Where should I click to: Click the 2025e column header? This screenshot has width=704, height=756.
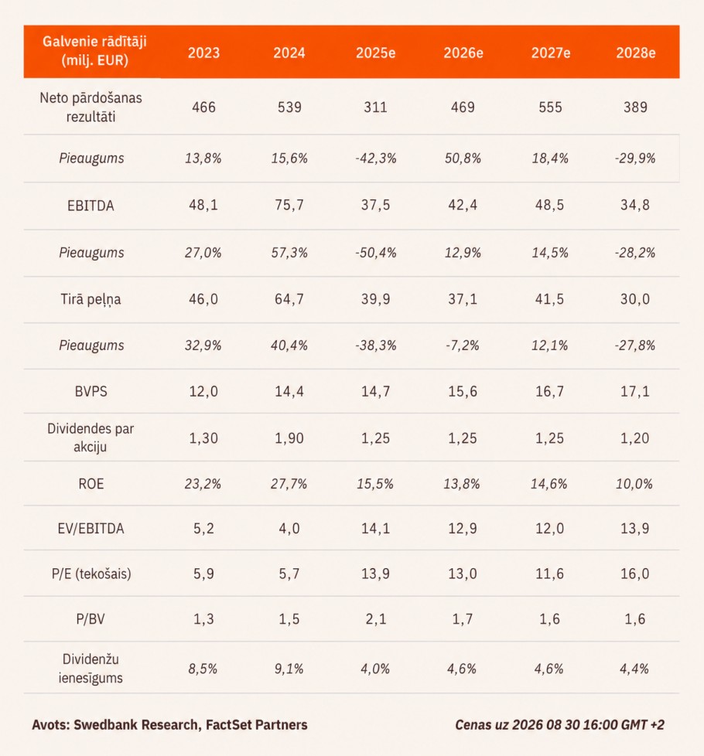point(375,53)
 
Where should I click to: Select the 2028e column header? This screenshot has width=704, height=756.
point(635,53)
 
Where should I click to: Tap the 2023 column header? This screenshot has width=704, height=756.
point(203,53)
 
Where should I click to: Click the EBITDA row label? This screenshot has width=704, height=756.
point(91,206)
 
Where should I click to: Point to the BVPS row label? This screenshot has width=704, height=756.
point(91,391)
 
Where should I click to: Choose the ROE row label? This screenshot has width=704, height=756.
point(91,484)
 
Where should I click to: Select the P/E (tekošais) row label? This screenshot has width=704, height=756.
point(91,574)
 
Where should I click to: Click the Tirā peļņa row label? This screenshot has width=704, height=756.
point(91,299)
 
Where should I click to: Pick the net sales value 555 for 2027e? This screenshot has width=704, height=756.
point(550,107)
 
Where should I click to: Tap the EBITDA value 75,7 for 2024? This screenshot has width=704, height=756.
point(289,206)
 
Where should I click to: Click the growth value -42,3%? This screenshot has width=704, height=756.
point(375,158)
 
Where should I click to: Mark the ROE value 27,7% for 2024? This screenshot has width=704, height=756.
point(289,484)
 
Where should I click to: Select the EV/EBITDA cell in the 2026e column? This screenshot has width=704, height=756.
point(463,529)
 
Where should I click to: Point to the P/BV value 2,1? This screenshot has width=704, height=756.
point(375,619)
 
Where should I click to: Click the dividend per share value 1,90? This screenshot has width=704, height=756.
point(289,438)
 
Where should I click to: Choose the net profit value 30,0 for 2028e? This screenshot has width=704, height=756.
point(635,299)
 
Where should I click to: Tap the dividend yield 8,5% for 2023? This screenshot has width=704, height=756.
point(203,669)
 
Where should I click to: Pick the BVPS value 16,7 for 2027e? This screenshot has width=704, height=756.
point(549,391)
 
